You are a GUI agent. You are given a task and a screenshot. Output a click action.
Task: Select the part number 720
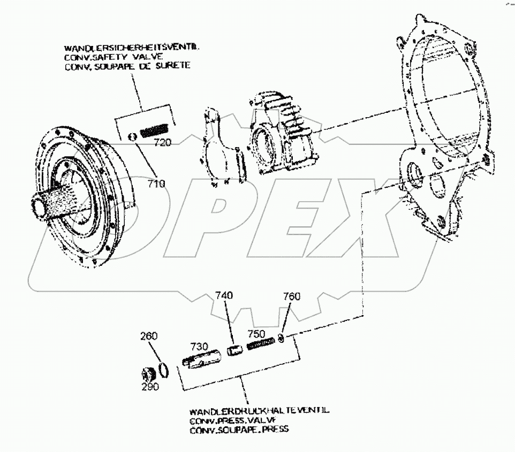[x=162, y=143]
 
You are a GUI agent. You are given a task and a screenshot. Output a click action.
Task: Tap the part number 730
[x=199, y=347]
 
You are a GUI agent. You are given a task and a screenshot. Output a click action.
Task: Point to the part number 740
[x=225, y=296]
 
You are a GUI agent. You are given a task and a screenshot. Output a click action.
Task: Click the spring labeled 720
[x=155, y=129]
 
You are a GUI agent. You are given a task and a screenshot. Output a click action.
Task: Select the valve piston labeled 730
[x=199, y=361]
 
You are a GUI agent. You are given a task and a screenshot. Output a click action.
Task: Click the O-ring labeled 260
[x=165, y=370]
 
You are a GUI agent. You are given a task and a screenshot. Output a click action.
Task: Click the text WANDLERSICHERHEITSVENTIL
[x=132, y=48]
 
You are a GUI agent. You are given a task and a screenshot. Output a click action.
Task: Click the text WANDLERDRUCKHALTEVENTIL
[x=259, y=411]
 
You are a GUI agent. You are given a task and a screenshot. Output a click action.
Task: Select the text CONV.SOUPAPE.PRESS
[x=239, y=430]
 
